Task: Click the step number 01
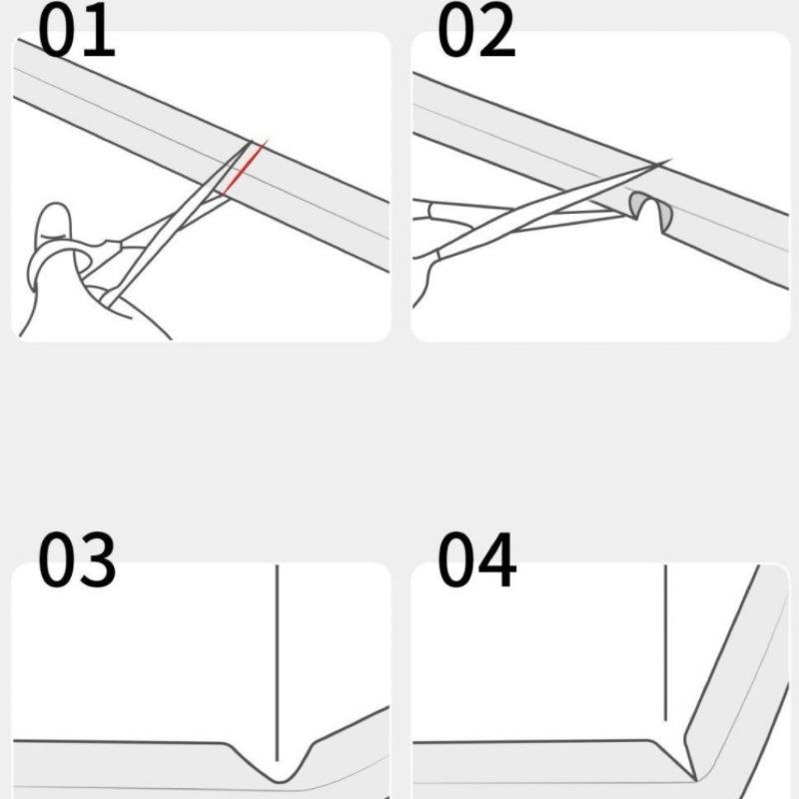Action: pos(77,30)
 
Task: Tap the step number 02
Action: pos(477,30)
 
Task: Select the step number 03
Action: pos(77,559)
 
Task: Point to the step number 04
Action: pos(477,559)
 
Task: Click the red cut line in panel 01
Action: pos(244,169)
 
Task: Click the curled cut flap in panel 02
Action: pos(650,209)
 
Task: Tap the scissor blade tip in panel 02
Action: pos(666,162)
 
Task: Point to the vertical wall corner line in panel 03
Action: pos(277,662)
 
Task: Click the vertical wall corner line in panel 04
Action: pos(665,642)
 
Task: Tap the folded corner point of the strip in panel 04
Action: pos(695,780)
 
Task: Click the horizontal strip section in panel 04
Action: pos(550,763)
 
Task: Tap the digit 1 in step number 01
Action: pos(100,31)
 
